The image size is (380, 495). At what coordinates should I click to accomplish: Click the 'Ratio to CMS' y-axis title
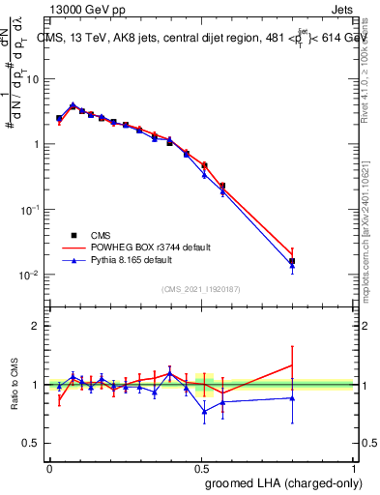[15, 384]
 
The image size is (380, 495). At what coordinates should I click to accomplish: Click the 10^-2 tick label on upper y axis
[29, 276]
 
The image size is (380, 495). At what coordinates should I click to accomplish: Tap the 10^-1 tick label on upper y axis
[29, 210]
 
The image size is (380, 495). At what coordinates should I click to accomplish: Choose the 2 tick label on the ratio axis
[37, 326]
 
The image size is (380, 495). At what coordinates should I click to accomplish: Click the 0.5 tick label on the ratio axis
[32, 444]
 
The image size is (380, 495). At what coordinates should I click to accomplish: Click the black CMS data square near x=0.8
[292, 261]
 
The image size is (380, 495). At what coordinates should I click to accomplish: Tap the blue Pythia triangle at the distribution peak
[73, 104]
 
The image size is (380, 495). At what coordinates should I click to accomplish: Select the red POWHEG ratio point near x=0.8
[292, 365]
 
